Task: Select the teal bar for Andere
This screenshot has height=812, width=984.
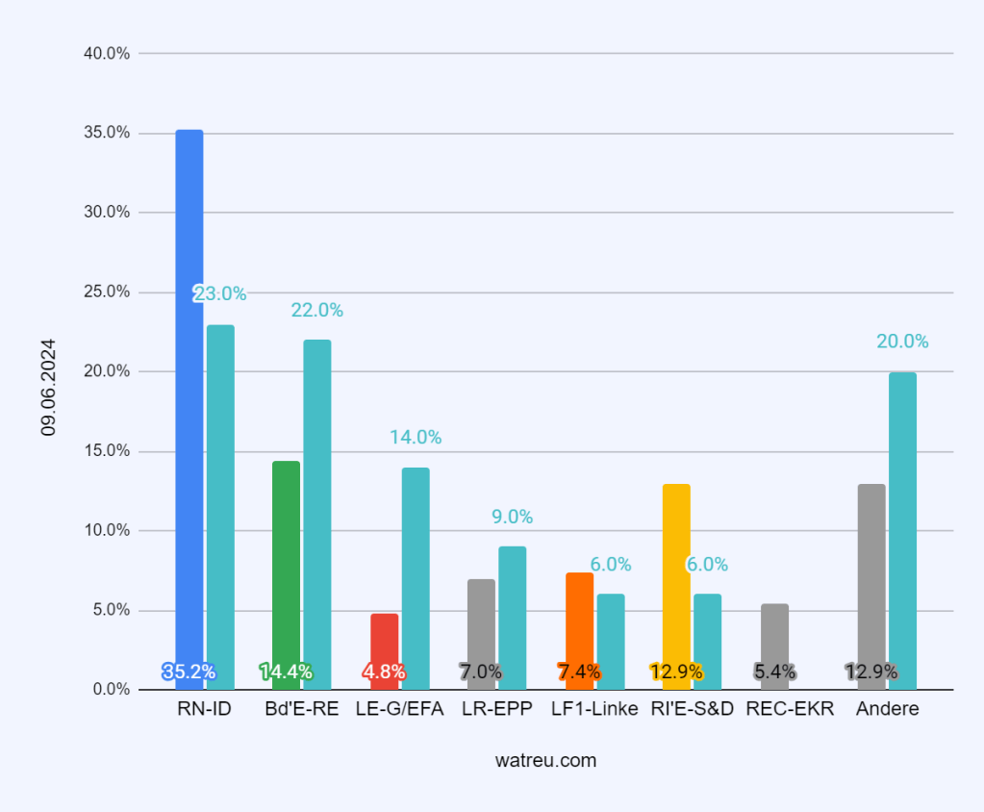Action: coord(902,530)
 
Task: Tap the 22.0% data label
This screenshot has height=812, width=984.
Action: coord(317,310)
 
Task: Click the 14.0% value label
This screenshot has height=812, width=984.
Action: coord(416,437)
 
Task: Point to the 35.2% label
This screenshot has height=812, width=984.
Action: coord(189,672)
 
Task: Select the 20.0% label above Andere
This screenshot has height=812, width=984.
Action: coord(902,341)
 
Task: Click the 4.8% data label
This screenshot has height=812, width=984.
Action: coord(384,672)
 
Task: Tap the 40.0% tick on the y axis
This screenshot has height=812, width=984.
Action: coord(107,53)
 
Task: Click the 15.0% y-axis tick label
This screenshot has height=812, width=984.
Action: coord(107,451)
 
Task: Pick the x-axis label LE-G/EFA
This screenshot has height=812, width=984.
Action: coord(399,709)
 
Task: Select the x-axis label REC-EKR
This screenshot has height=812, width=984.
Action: coord(790,709)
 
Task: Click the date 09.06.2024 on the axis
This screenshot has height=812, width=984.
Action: coord(49,387)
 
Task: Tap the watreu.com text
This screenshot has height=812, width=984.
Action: coord(545,760)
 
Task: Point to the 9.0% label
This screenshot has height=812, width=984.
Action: coord(513,517)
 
